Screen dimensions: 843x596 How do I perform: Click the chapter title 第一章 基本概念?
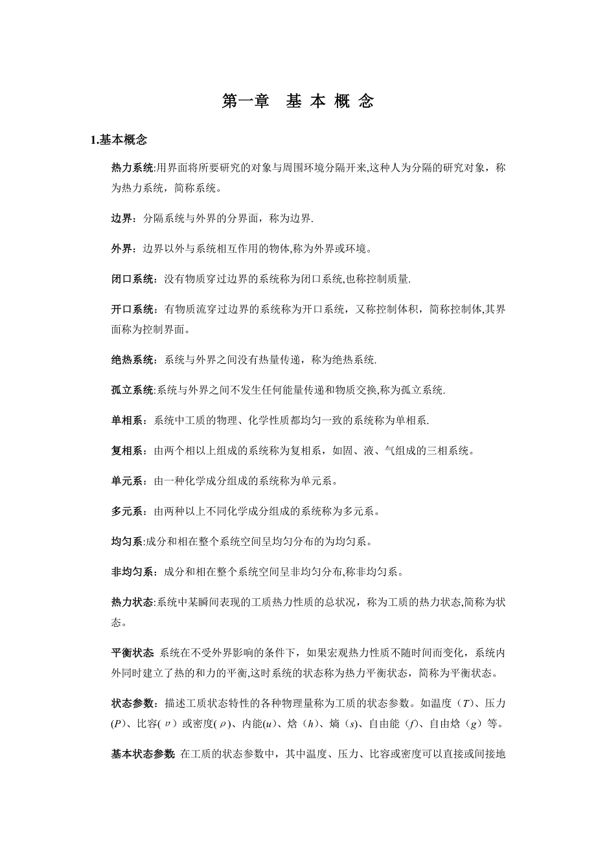coord(297,102)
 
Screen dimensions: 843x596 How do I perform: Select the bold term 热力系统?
coord(132,168)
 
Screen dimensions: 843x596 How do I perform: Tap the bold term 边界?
coord(121,219)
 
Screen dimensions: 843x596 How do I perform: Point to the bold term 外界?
coord(121,249)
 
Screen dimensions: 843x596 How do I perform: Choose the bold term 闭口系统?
coord(132,279)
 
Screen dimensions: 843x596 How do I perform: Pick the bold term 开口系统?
coord(132,309)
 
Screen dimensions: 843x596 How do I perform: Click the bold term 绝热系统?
coord(132,359)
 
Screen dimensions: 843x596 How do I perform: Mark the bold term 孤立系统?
coord(132,390)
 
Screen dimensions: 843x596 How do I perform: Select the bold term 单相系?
coord(127,420)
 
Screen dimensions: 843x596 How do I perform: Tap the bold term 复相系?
coord(127,451)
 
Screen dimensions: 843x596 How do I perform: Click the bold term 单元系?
coord(127,481)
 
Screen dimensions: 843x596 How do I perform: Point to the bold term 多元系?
coord(127,511)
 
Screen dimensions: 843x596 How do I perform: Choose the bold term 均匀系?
coord(127,541)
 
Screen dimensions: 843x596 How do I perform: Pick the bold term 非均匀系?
coord(132,572)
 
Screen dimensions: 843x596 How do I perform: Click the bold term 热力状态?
coord(132,602)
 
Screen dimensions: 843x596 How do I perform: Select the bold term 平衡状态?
coord(132,652)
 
